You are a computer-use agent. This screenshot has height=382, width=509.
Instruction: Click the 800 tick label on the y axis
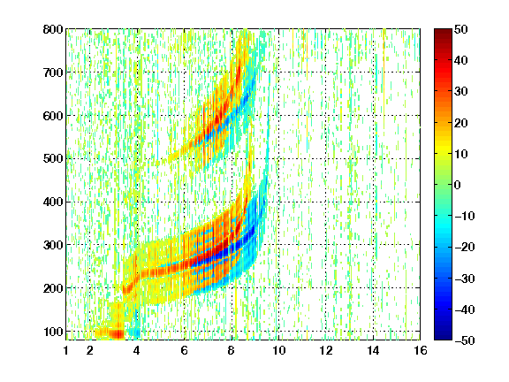point(53,29)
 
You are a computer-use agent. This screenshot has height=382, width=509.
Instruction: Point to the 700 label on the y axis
point(53,73)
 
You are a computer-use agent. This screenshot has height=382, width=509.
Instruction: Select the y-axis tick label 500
point(53,159)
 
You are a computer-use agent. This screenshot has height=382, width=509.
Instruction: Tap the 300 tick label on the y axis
point(53,245)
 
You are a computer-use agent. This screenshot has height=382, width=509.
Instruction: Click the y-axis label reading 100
point(53,332)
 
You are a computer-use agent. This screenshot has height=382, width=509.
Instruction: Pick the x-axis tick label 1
point(66,350)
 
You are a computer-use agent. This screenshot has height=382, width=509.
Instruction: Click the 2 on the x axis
point(90,350)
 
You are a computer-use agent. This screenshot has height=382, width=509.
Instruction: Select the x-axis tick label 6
point(185,350)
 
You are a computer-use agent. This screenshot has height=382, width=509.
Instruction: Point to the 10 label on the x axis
point(279,350)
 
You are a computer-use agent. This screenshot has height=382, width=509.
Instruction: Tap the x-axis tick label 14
point(373,350)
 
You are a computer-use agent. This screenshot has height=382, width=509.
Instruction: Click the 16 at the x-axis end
point(421,350)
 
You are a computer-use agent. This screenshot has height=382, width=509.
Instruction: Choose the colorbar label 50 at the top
point(461,29)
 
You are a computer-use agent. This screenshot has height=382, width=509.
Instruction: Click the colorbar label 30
point(461,91)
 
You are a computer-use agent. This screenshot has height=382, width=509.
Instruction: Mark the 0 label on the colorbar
point(458,185)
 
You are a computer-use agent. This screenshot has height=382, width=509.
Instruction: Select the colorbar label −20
point(465,247)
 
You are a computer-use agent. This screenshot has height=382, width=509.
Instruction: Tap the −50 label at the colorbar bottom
point(465,340)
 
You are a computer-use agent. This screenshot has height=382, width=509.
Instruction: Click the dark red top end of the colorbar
point(443,33)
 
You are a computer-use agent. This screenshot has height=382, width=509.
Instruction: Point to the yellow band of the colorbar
point(443,149)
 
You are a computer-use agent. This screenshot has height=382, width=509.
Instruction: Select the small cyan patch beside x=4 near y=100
point(133,332)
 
